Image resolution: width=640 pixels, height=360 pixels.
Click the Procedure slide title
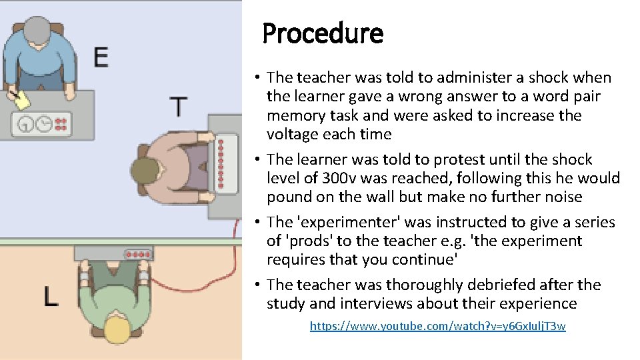coord(323,33)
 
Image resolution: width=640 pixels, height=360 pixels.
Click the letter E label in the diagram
coord(101,57)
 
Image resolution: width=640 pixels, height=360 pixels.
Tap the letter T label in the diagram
coord(178,107)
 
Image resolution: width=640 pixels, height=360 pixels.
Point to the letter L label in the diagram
coord(51,295)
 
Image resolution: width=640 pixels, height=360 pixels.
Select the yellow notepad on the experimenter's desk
coord(22,101)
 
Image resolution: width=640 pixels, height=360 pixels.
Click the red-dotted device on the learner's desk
coord(137,254)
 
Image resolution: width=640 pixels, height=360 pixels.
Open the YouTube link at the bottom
coord(437,326)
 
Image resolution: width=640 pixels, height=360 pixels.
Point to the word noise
coord(563,197)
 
